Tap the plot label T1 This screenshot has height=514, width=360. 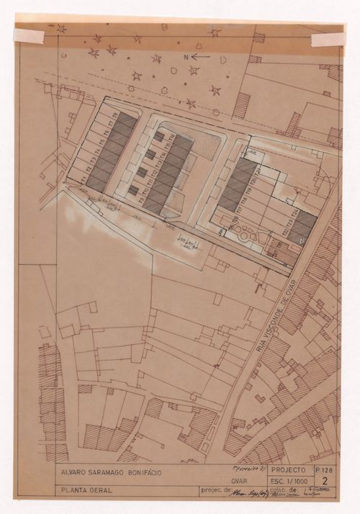[x=83, y=177]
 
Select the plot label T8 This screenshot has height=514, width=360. [x=116, y=116]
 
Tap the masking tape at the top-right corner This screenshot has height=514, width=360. [x=328, y=38]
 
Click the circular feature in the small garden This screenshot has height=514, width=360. [x=246, y=234]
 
